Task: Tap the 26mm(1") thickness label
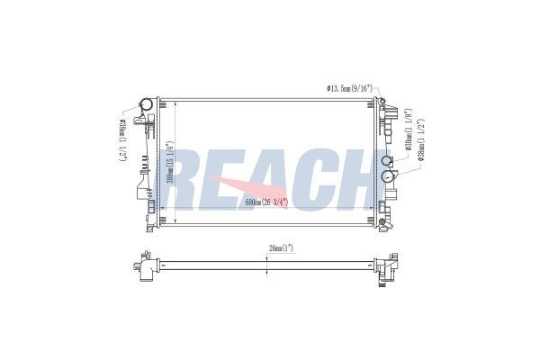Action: [268, 247]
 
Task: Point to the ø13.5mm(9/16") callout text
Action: [352, 88]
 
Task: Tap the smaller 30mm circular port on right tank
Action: [388, 161]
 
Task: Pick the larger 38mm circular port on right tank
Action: [391, 176]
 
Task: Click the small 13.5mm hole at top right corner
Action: [382, 100]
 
